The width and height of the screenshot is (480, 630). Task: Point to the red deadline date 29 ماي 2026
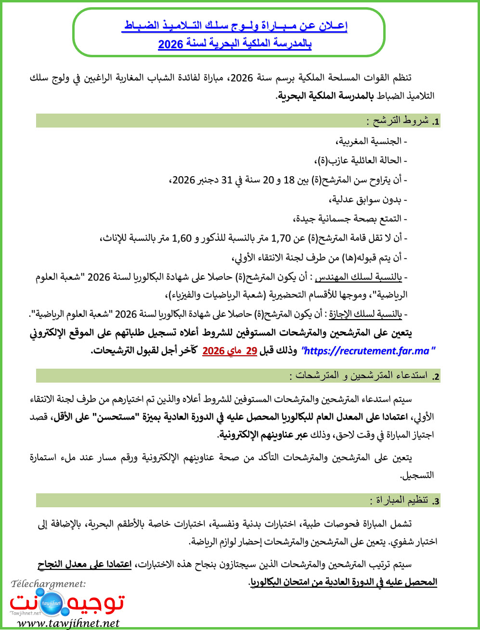[230, 351]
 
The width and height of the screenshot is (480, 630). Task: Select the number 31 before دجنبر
[226, 180]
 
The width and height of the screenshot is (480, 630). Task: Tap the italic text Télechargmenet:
[48, 584]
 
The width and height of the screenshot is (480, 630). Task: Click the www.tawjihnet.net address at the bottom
[68, 623]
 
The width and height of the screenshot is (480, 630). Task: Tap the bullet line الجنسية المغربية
[371, 141]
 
